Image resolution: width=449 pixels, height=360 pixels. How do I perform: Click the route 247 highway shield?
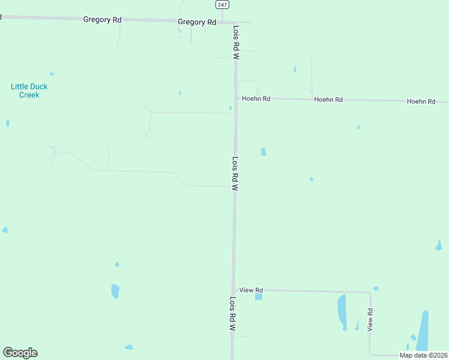pos(222,4)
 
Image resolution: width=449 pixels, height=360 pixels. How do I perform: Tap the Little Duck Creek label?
pos(29,91)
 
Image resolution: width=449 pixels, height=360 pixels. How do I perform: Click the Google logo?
pos(20,353)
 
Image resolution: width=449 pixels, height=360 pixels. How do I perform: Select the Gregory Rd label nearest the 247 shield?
pos(197,22)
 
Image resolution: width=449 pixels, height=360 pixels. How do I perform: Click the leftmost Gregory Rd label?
pos(102,20)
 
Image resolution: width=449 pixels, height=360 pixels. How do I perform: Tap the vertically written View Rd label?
pos(370,320)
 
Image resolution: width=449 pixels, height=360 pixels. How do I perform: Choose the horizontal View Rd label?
pos(251,290)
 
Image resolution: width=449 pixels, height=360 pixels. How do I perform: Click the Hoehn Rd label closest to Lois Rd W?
pos(256,98)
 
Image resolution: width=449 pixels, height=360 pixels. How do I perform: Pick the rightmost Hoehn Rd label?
pos(421,101)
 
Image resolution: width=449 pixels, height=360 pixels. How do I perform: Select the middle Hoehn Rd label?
pos(328,100)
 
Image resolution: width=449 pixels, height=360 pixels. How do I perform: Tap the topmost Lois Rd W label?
pos(237,41)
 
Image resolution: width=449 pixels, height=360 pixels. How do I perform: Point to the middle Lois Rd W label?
pos(235,174)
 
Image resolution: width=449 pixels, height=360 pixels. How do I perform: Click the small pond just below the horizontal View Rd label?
pos(258,296)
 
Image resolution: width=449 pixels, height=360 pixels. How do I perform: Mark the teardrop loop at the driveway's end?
pos(149,135)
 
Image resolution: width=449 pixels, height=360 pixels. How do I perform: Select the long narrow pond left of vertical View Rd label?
pos(342,311)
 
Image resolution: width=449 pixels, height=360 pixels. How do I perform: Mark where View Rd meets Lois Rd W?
pos(234,290)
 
